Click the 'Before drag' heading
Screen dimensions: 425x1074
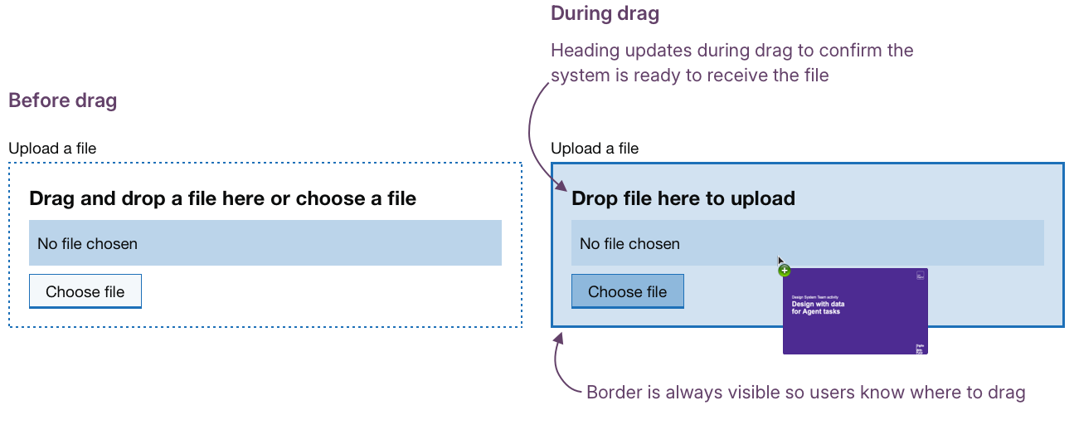[x=63, y=101]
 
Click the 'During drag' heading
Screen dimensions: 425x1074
[x=605, y=14]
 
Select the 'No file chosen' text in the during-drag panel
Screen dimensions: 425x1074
[x=629, y=243]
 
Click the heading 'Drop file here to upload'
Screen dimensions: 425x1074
[x=683, y=198]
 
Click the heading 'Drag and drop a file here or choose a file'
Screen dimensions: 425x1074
[x=222, y=198]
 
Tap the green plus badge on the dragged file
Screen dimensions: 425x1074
[x=785, y=271]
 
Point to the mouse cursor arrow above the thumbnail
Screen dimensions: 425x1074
[x=780, y=260]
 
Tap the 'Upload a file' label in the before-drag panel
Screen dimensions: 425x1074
[x=52, y=149]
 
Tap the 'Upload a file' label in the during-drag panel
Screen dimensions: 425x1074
[x=595, y=149]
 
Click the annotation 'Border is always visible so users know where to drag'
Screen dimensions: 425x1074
[x=805, y=393]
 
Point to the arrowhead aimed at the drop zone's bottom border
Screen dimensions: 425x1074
[x=558, y=337]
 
